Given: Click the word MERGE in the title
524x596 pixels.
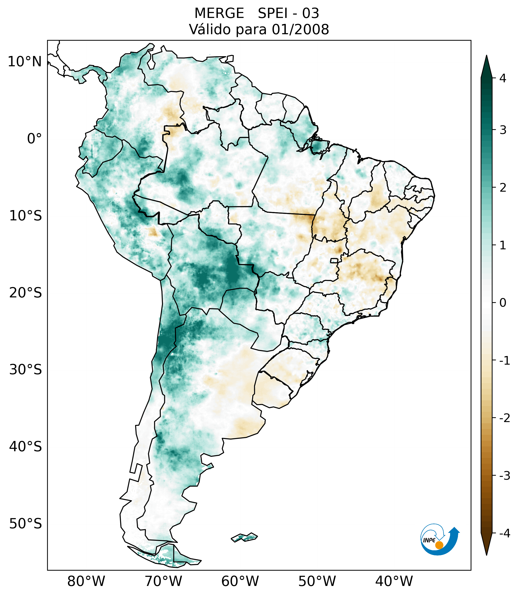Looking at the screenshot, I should coord(219,13).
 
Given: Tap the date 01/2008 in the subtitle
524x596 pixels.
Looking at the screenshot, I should coord(300,29).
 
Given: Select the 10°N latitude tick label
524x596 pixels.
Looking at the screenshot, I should coord(25,62).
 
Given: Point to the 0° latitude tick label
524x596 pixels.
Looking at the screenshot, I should coord(34,139).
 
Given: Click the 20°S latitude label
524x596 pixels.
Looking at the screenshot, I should coord(26,293).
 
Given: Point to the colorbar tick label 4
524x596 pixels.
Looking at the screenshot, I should coord(503,78).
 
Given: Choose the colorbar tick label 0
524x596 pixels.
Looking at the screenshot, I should coord(503,303).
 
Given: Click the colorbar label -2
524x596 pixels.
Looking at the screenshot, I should coord(504,418).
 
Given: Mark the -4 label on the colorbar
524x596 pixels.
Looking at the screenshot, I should coord(504,534).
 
